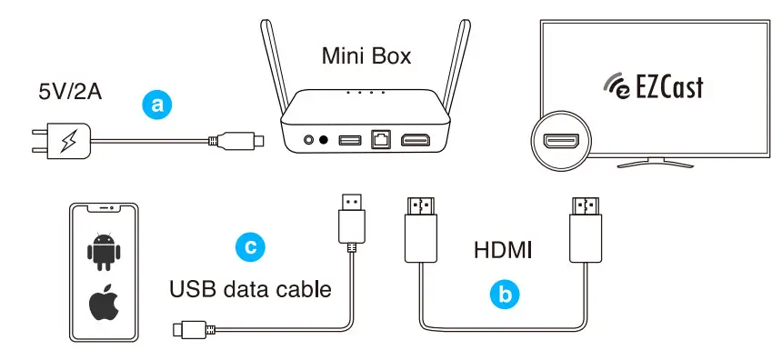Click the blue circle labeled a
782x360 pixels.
point(157,105)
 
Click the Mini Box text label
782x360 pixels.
point(366,56)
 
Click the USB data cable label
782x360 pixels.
point(249,290)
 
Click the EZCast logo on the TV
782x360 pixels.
point(654,87)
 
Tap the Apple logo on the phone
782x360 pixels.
point(104,306)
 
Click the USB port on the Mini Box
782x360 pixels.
point(350,142)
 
